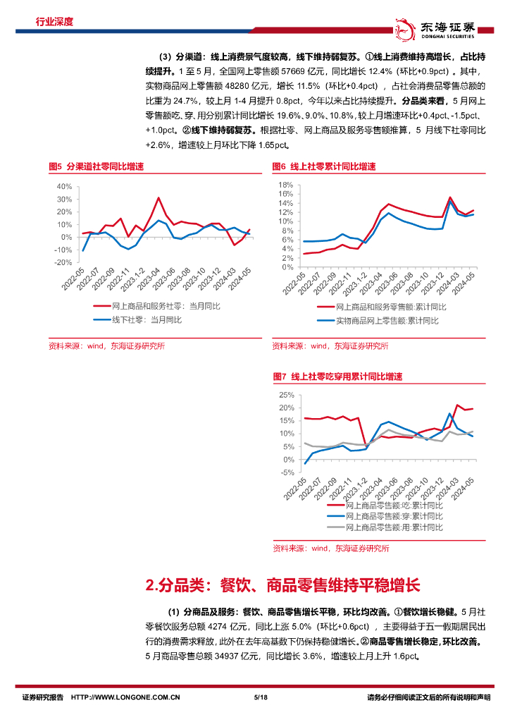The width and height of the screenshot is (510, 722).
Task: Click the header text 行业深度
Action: (x=54, y=22)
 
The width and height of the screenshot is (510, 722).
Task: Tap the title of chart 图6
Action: (x=324, y=167)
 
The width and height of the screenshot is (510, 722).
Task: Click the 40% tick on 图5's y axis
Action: (x=63, y=186)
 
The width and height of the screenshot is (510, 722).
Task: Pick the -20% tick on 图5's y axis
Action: (x=63, y=262)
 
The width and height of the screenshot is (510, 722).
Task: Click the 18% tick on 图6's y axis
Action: (x=286, y=185)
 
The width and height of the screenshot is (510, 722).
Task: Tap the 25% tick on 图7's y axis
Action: (x=286, y=395)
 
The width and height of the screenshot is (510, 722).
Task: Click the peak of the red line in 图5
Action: (x=158, y=198)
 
